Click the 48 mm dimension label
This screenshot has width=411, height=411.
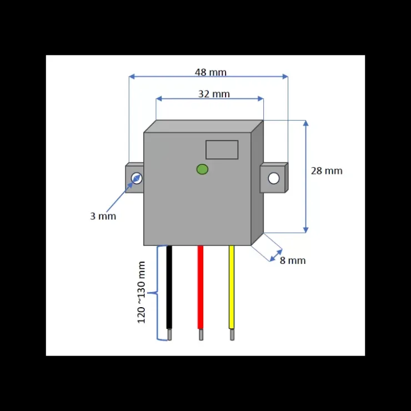coord(210,72)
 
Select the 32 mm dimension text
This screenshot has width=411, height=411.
coord(214,94)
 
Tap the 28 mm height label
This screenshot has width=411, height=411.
coord(327,171)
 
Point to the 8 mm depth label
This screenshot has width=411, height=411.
coord(293,260)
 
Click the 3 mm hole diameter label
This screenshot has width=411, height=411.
coord(103,216)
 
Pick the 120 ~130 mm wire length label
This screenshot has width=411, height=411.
coord(141,292)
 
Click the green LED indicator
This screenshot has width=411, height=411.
coord(202,169)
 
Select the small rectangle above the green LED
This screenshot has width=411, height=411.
coord(222,149)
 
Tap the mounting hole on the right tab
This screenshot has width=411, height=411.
coord(274,178)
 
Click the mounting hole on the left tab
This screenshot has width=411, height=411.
coord(137,178)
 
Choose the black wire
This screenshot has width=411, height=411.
coord(169,287)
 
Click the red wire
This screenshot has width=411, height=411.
coord(201,287)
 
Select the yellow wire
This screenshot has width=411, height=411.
coord(232,287)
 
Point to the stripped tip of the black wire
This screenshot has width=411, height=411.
coord(169,335)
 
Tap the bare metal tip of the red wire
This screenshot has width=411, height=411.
coord(201,335)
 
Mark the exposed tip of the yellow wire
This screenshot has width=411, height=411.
coord(232,335)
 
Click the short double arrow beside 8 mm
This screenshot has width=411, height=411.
coord(275,255)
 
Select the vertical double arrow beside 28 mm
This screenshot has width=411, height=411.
coord(305,177)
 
